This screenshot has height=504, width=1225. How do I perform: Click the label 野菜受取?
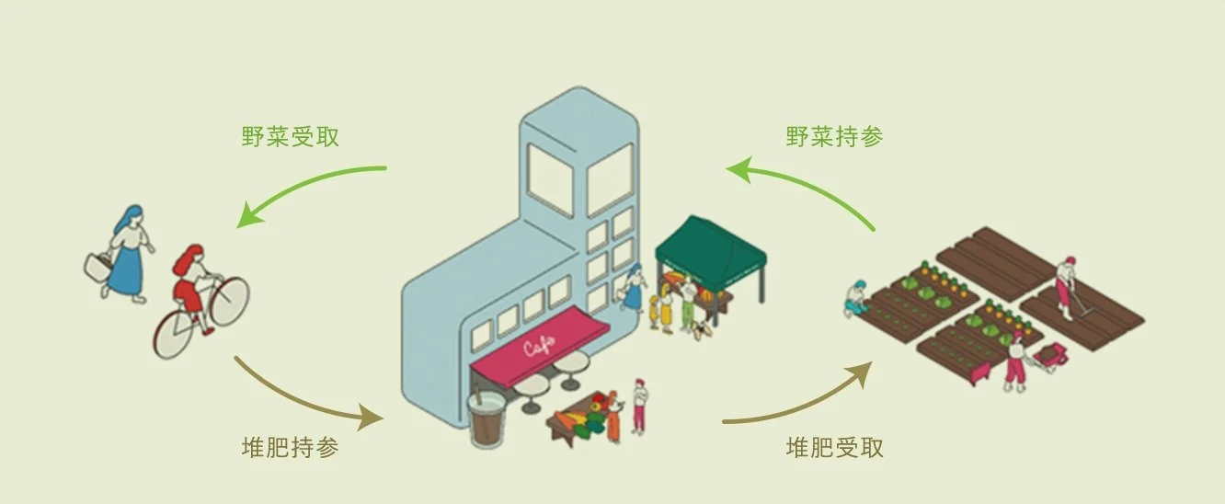pyautogui.click(x=291, y=137)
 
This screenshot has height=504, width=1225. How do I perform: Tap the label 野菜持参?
pyautogui.click(x=834, y=137)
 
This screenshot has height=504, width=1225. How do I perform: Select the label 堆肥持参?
pyautogui.click(x=291, y=448)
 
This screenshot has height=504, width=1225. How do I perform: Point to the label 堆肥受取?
pyautogui.click(x=834, y=448)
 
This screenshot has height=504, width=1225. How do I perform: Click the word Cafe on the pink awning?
pyautogui.click(x=539, y=346)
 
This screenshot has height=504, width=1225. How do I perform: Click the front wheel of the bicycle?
pyautogui.click(x=229, y=301)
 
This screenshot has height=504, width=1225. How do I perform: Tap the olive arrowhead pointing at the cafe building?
pyautogui.click(x=371, y=418)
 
